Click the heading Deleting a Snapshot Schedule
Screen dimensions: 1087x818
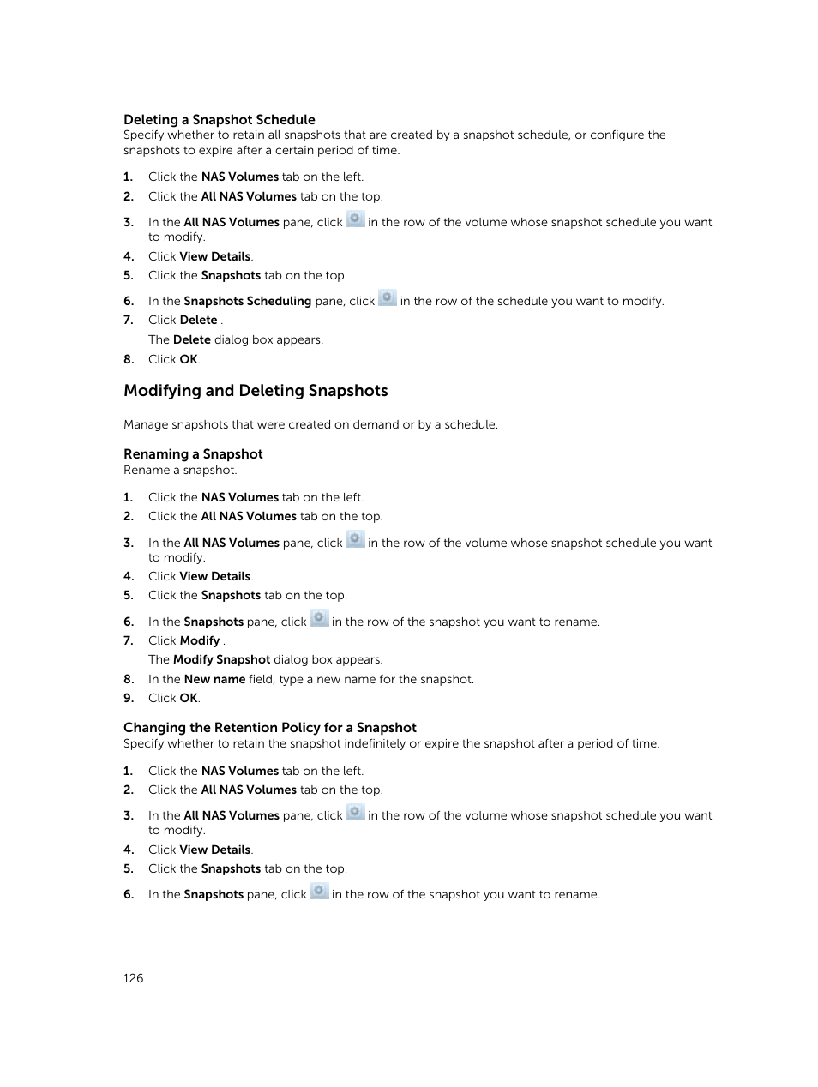(x=219, y=120)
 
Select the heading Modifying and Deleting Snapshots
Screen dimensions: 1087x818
(x=256, y=391)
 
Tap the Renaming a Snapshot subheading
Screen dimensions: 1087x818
(x=193, y=454)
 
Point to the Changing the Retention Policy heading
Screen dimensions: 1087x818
(x=269, y=728)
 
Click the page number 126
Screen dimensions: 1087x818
(x=133, y=978)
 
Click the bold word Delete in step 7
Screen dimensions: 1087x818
(x=198, y=321)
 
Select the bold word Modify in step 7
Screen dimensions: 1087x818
(x=200, y=640)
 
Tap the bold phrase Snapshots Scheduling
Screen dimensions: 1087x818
(x=247, y=302)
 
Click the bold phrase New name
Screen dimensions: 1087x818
(x=214, y=679)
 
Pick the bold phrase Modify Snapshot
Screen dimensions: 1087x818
(x=221, y=660)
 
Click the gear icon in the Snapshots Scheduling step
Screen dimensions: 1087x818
(x=388, y=298)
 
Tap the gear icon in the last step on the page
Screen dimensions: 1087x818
(x=319, y=892)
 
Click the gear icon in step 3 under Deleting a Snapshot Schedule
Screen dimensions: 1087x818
(x=355, y=219)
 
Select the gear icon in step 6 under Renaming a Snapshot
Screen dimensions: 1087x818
(x=319, y=619)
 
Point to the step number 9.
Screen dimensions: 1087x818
(x=129, y=699)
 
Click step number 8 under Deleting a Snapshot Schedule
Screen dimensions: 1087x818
(x=129, y=360)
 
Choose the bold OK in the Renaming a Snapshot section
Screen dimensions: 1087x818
(x=189, y=699)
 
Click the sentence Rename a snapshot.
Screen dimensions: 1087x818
(x=180, y=471)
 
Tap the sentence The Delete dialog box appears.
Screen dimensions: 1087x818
(x=235, y=340)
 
